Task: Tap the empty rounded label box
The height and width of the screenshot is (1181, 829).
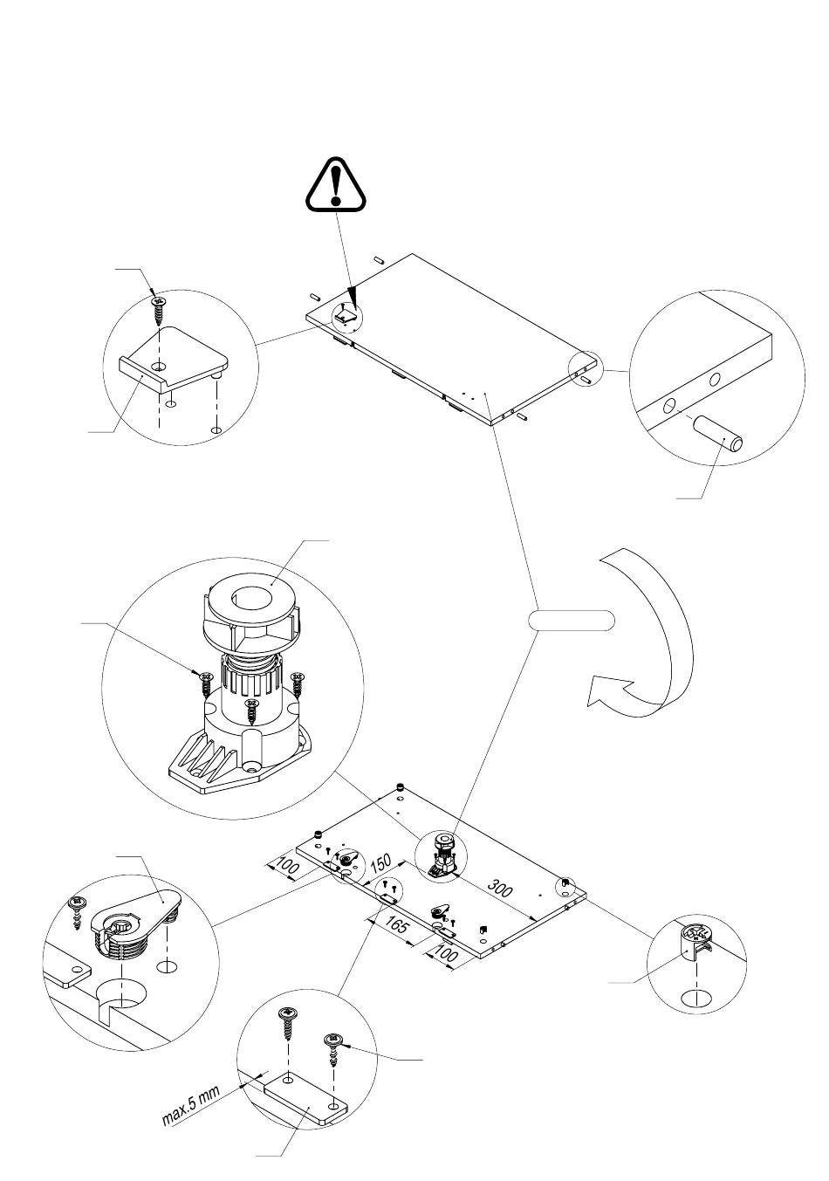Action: (x=572, y=621)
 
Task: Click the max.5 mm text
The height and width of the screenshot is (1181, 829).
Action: (x=193, y=1108)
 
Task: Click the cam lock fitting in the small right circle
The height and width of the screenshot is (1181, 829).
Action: (x=695, y=941)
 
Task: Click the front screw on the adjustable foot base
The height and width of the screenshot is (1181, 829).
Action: (x=252, y=709)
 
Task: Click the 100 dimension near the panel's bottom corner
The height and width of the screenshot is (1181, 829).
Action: (x=446, y=956)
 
